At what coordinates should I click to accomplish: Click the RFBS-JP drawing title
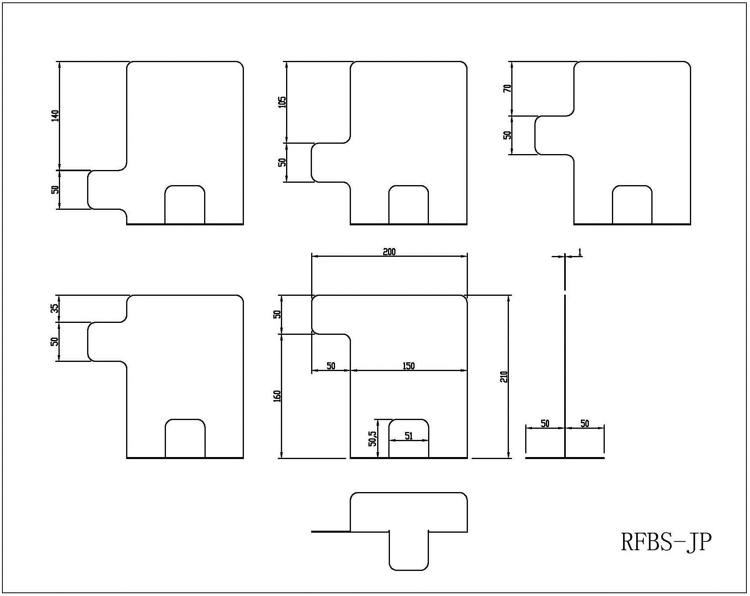pos(666,542)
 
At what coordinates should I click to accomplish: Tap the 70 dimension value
pos(507,88)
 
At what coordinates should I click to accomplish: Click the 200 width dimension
pos(389,251)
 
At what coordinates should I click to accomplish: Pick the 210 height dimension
pos(504,376)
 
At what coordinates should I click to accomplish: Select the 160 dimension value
pos(277,396)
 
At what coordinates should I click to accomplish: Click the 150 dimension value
pos(409,366)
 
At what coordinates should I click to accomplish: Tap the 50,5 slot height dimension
pos(372,437)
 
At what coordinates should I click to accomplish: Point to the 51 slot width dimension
pos(409,436)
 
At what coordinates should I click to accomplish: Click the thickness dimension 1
pos(580,252)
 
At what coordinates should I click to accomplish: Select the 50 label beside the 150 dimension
pos(331,366)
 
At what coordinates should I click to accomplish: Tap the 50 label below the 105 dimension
pos(282,162)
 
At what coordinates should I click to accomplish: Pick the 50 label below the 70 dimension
pos(507,135)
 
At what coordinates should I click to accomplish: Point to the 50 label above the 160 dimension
pos(277,314)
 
